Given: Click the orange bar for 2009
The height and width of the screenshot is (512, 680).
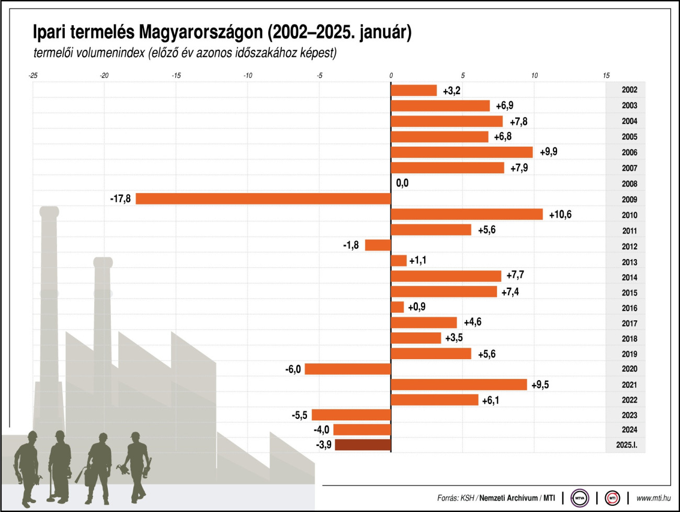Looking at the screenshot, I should [263, 199].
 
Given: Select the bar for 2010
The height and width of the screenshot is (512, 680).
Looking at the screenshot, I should [467, 214].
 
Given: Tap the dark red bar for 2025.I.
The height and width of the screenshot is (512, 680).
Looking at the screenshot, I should [362, 445].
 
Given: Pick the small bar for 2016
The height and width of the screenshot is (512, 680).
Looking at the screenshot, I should [398, 307].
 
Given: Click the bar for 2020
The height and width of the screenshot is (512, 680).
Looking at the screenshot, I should [348, 369].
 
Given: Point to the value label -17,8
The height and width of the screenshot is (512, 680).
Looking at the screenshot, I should [120, 199].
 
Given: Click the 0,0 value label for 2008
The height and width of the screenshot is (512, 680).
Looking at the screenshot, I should [402, 183].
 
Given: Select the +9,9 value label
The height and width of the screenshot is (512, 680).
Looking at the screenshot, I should [548, 152].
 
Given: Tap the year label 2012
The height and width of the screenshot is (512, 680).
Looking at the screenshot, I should [629, 247].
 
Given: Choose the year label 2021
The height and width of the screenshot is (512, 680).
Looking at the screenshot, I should [629, 385].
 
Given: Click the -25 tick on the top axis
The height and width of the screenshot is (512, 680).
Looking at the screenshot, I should [33, 75].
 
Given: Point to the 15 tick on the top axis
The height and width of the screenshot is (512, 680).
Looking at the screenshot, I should [606, 75].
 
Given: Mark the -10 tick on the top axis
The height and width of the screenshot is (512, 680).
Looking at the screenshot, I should [247, 75].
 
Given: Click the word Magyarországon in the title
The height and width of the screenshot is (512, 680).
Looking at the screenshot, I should [201, 32].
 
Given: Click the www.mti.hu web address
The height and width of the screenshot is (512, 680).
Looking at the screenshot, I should [653, 498].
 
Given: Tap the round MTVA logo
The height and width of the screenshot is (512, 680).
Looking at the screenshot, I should [580, 498].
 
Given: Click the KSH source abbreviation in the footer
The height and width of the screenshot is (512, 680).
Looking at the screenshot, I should [467, 498].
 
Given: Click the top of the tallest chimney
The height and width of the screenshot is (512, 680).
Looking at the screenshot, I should [49, 211].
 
